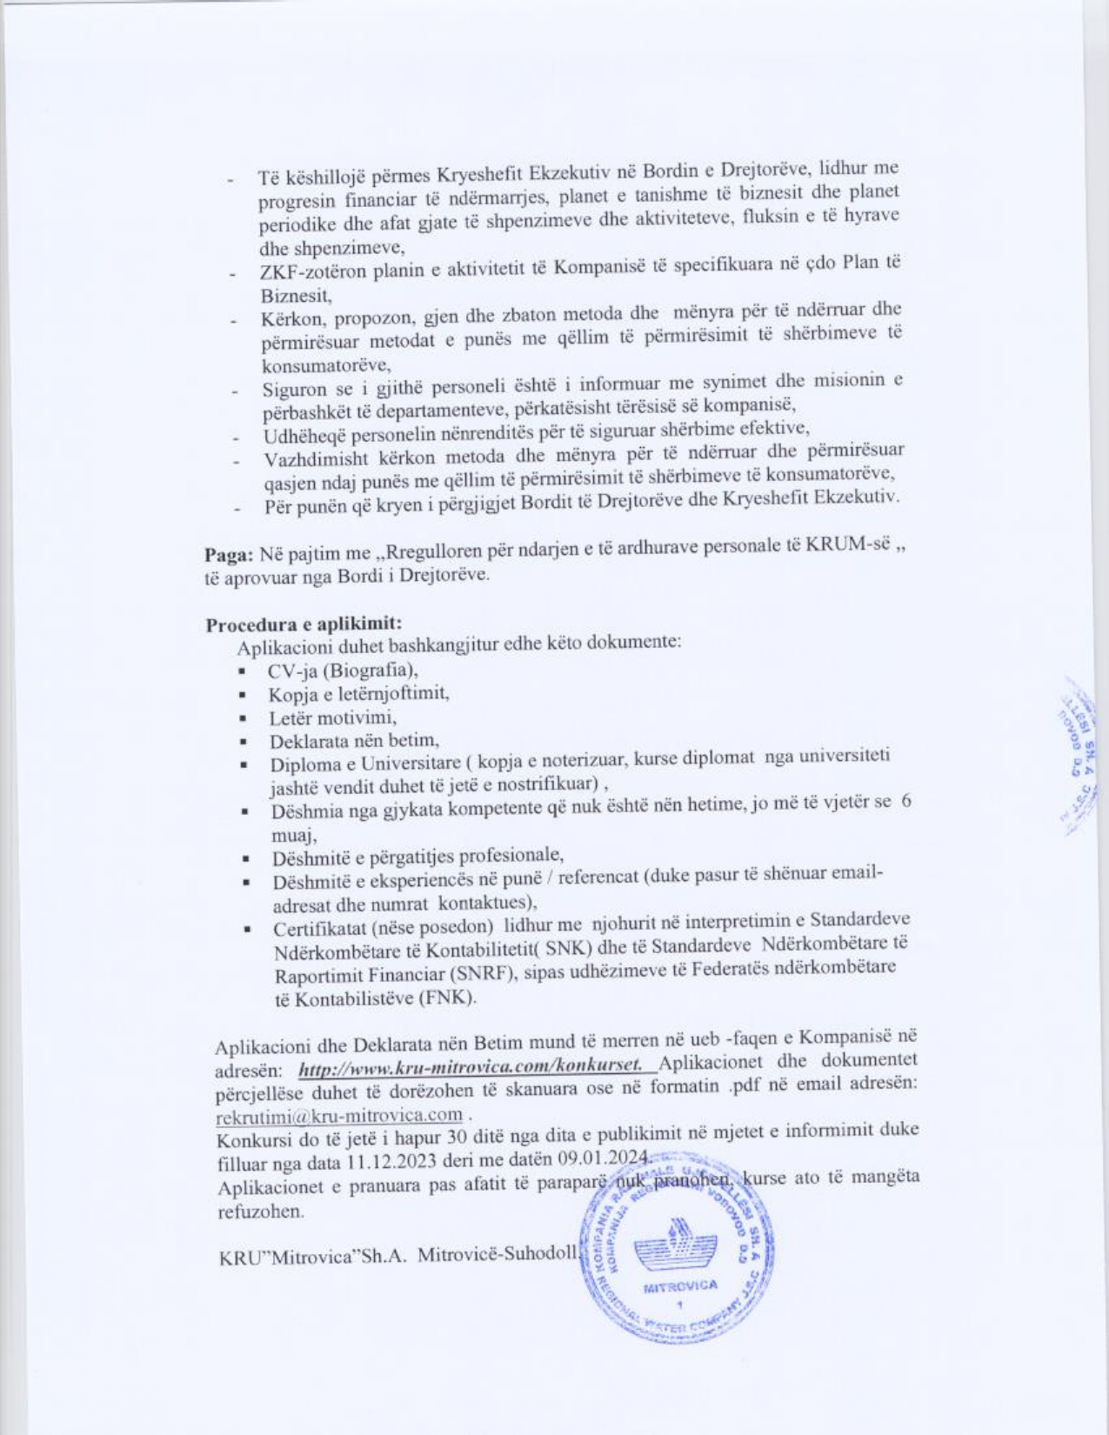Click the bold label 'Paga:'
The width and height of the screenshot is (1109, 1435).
[x=229, y=555]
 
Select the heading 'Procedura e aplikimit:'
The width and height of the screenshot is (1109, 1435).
[x=304, y=624]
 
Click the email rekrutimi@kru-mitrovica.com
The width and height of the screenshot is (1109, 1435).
[x=338, y=1115]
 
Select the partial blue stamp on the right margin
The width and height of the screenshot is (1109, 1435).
[x=1078, y=757]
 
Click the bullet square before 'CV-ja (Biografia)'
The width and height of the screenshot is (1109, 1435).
[x=241, y=673]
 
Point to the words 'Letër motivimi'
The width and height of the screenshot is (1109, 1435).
[x=332, y=718]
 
